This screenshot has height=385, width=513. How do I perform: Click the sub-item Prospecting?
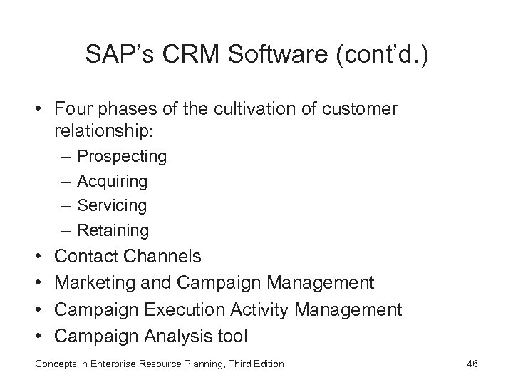click(x=121, y=156)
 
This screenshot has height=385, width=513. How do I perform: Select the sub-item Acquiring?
click(x=112, y=181)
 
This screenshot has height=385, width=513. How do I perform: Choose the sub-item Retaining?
click(x=113, y=230)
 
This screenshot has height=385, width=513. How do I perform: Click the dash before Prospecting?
click(x=66, y=156)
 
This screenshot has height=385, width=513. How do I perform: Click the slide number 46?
click(x=471, y=364)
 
